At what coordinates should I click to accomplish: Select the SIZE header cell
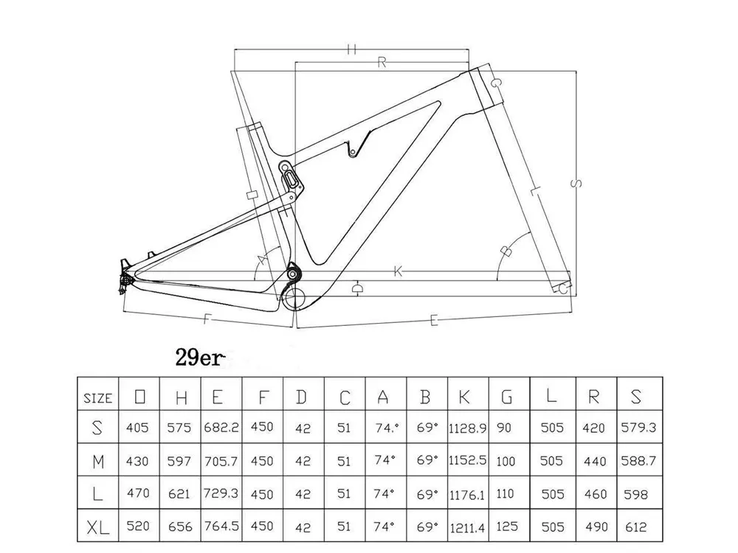point(97,398)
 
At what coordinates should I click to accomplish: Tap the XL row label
point(97,528)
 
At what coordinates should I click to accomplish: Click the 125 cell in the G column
point(506,528)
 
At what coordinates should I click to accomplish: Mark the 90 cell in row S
point(506,428)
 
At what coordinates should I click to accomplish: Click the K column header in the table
point(465,398)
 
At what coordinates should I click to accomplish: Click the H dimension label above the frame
point(351,49)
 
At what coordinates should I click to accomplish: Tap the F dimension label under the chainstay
point(207,319)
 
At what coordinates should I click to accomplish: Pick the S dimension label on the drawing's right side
point(578,182)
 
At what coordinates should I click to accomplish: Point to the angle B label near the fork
point(506,251)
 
